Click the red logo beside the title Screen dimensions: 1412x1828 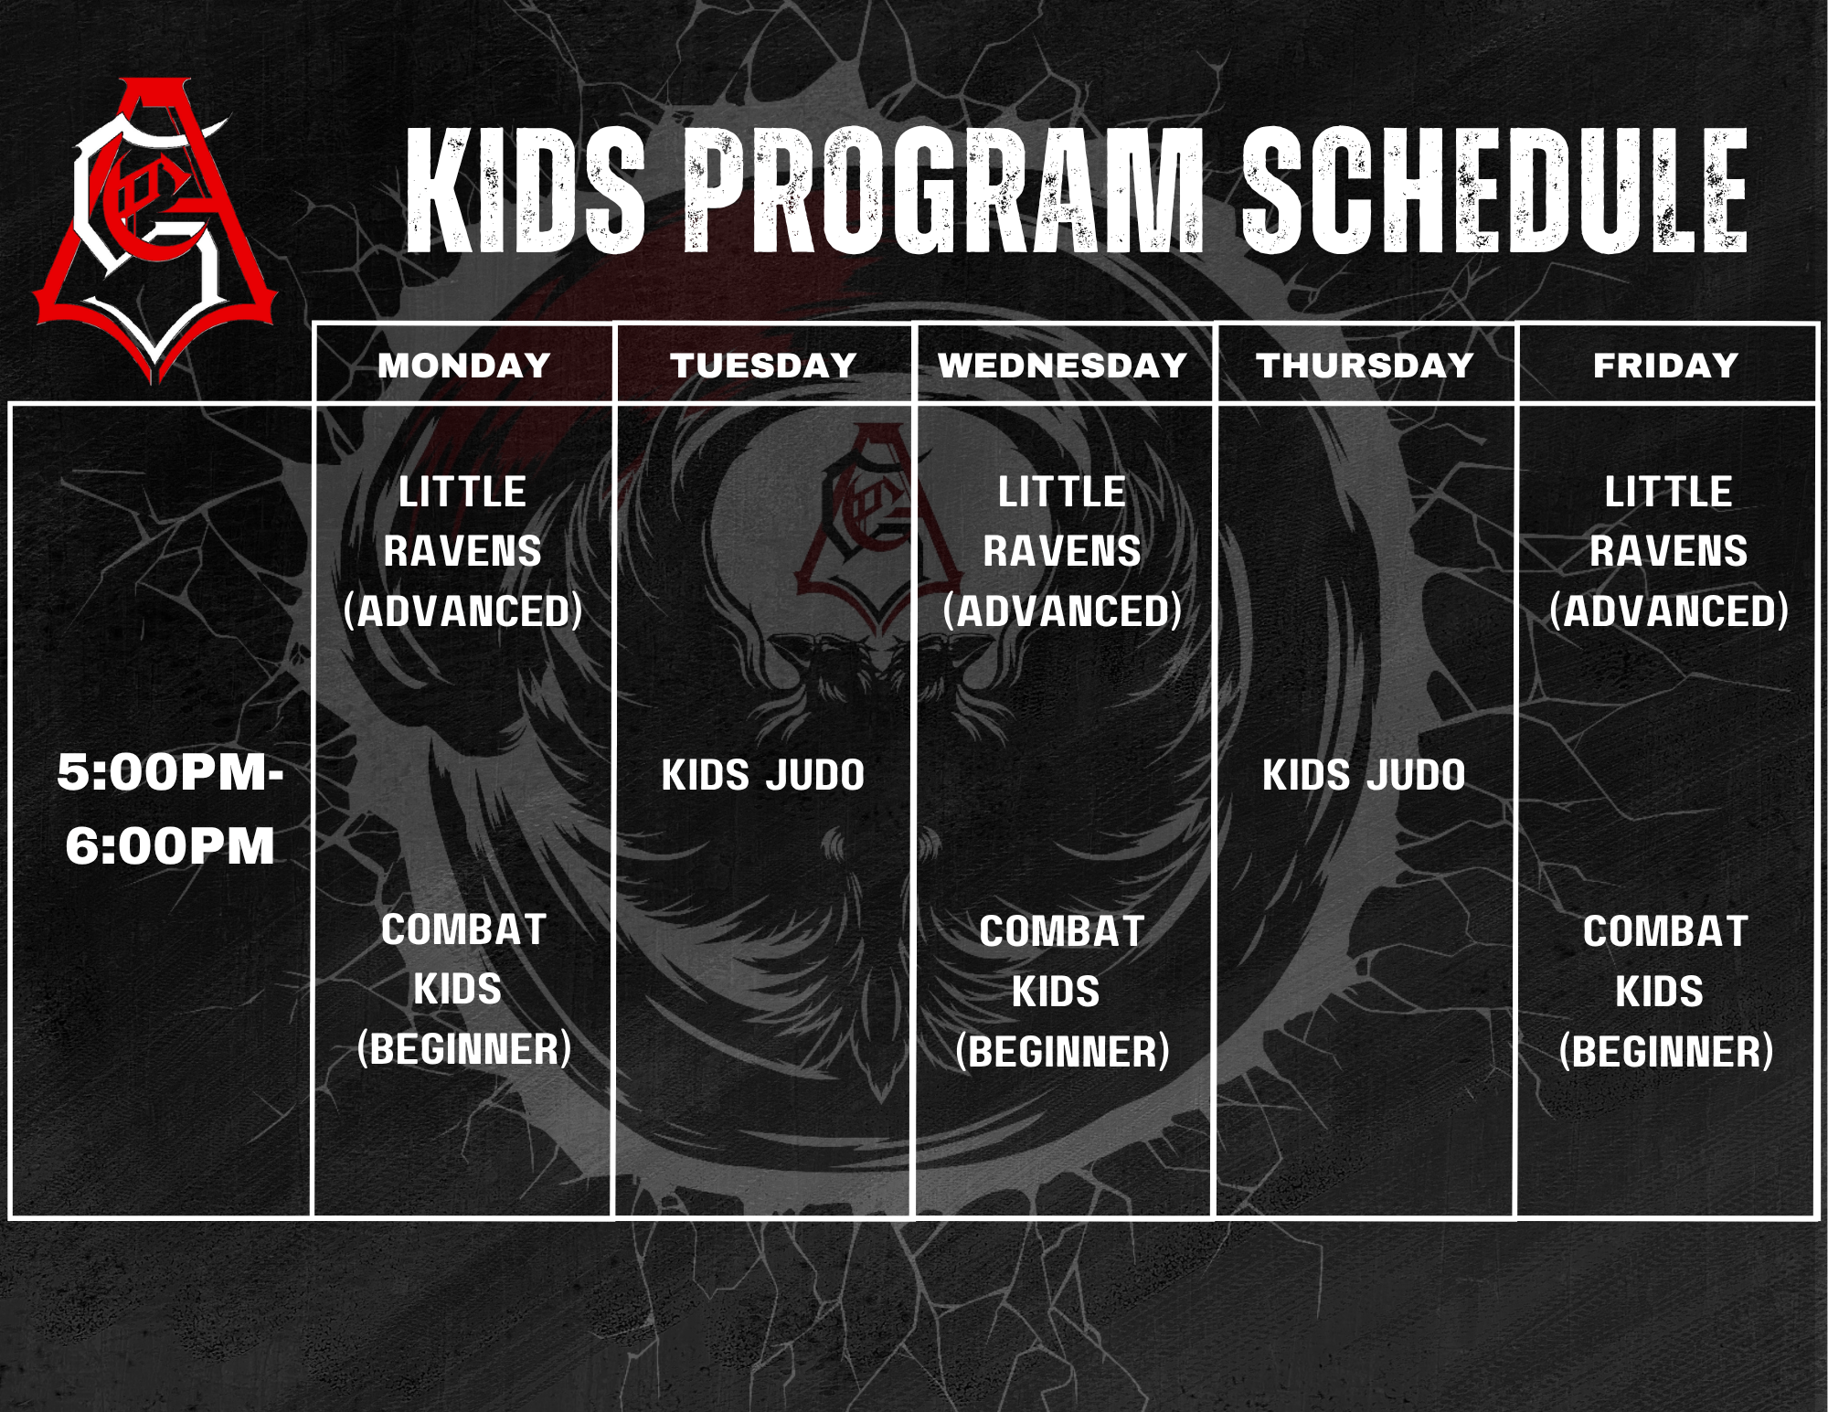click(155, 228)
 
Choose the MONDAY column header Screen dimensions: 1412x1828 click(463, 366)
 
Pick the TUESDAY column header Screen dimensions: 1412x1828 click(763, 366)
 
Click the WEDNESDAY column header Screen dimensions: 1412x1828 click(1062, 366)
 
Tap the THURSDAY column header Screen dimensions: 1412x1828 click(1365, 366)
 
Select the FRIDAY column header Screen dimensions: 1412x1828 click(1665, 366)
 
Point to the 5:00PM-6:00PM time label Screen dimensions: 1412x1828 click(170, 809)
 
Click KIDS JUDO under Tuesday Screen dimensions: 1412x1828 click(763, 775)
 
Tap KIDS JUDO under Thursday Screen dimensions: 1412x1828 click(1364, 775)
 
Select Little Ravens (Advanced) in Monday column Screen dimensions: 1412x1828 click(463, 551)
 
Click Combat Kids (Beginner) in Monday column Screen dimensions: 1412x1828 click(463, 989)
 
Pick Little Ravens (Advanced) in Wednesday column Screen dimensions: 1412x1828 click(1062, 551)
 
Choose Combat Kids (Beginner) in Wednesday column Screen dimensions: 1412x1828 click(1062, 992)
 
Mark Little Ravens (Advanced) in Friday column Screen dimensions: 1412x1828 click(1668, 551)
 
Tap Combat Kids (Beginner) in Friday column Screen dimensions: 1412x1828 click(1665, 992)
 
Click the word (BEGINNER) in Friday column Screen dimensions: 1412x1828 click(1665, 1051)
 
